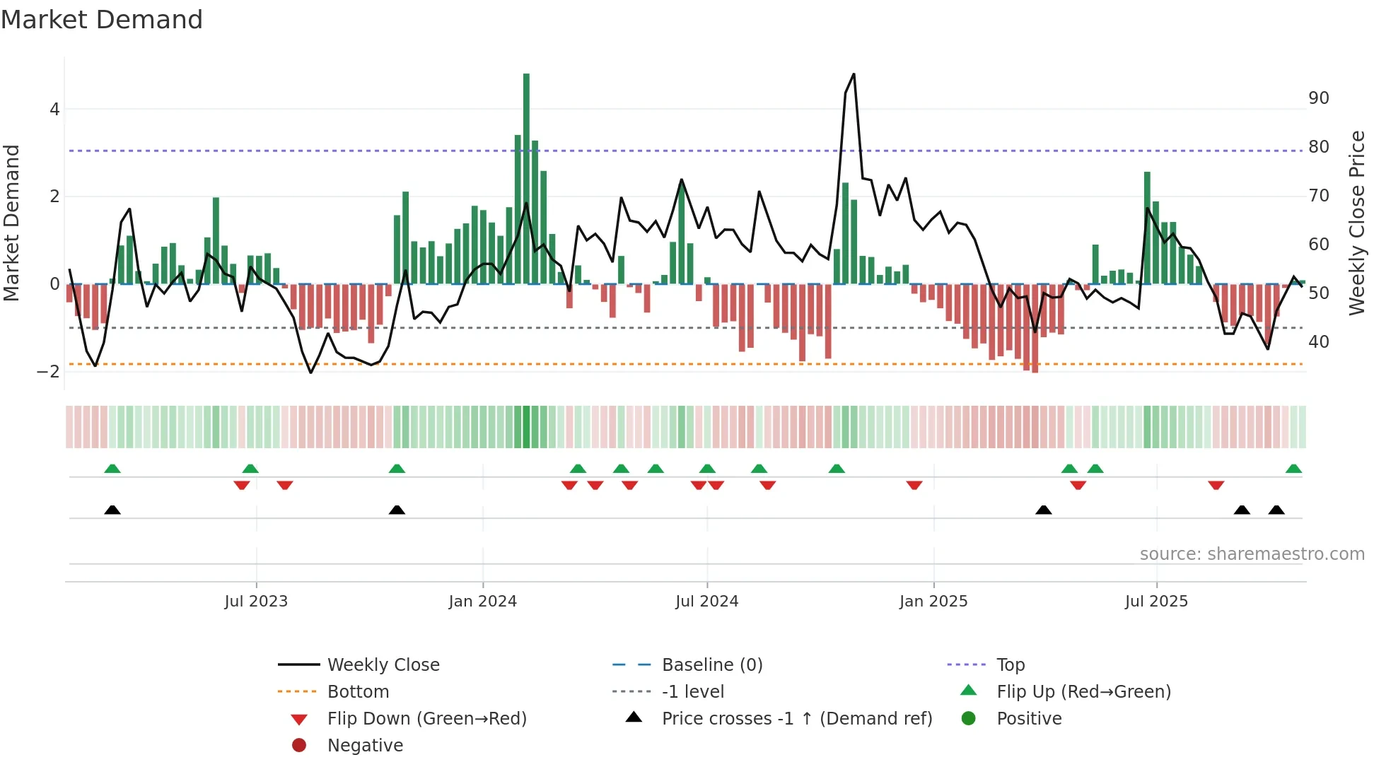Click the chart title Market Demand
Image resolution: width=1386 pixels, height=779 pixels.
[102, 20]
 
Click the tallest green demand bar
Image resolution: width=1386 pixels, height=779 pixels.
[526, 177]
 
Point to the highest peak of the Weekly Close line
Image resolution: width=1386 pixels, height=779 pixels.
[854, 74]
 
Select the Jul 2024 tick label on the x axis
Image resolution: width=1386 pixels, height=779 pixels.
[706, 602]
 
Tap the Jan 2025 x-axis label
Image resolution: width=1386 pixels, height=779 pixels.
[933, 602]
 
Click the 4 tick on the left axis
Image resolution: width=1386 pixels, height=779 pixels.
[54, 110]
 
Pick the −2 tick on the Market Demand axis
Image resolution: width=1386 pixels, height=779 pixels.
[48, 372]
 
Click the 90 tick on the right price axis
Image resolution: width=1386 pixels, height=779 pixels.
[1319, 98]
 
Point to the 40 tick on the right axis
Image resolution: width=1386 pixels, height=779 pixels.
[1319, 342]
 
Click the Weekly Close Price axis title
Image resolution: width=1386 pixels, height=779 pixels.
[1357, 223]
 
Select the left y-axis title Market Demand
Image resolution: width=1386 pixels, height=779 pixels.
[11, 223]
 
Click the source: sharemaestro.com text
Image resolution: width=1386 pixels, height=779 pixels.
[1252, 554]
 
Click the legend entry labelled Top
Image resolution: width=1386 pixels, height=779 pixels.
[1011, 665]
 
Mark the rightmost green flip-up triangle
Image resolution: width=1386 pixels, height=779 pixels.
[1293, 469]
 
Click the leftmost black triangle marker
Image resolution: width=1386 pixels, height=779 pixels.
[112, 510]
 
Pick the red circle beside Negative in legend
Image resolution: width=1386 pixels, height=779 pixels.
[299, 746]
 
